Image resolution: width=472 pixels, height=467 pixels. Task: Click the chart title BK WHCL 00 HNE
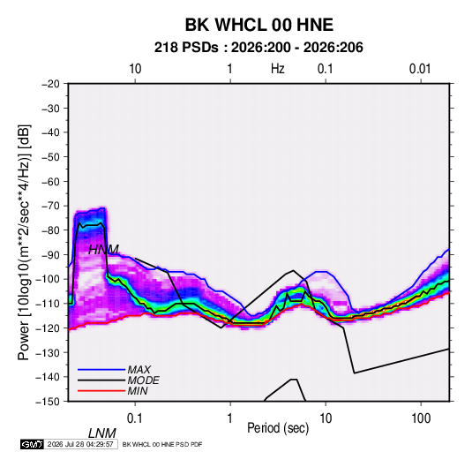[259, 25]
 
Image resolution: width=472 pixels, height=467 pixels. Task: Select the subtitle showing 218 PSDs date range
[258, 48]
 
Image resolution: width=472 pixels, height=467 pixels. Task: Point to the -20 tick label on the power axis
[50, 84]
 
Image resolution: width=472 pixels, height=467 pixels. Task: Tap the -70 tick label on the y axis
[50, 206]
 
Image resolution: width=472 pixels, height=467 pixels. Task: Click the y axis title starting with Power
[24, 243]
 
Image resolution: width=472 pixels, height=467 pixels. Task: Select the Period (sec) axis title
[278, 428]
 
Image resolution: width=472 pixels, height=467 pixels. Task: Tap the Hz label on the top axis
[278, 69]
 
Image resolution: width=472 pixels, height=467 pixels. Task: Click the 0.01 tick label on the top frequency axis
[420, 69]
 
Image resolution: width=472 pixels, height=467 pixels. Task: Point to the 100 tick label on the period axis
[421, 418]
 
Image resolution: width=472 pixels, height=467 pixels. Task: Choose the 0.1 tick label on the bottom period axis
[135, 418]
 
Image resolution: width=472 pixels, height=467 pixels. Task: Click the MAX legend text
[139, 370]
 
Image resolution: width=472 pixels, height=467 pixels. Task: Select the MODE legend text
[143, 380]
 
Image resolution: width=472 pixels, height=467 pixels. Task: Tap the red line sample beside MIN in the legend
[101, 391]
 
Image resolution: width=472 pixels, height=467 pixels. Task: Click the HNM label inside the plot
[103, 250]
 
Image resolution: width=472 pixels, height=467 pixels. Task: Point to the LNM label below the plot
[102, 433]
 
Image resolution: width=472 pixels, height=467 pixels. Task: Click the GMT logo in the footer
[32, 444]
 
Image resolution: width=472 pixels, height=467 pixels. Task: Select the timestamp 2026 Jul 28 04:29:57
[80, 444]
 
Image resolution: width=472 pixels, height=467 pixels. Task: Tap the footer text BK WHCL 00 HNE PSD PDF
[162, 444]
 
